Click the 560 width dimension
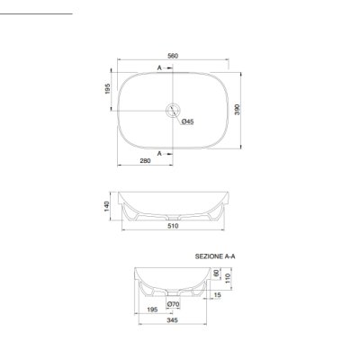click(x=173, y=56)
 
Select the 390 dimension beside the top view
click(x=238, y=110)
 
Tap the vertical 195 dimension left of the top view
click(x=108, y=89)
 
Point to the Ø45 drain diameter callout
click(x=188, y=121)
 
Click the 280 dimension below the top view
click(x=145, y=161)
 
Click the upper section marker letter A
click(x=159, y=67)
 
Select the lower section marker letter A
click(x=159, y=153)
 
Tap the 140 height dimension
click(x=107, y=206)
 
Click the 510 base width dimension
click(x=173, y=226)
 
